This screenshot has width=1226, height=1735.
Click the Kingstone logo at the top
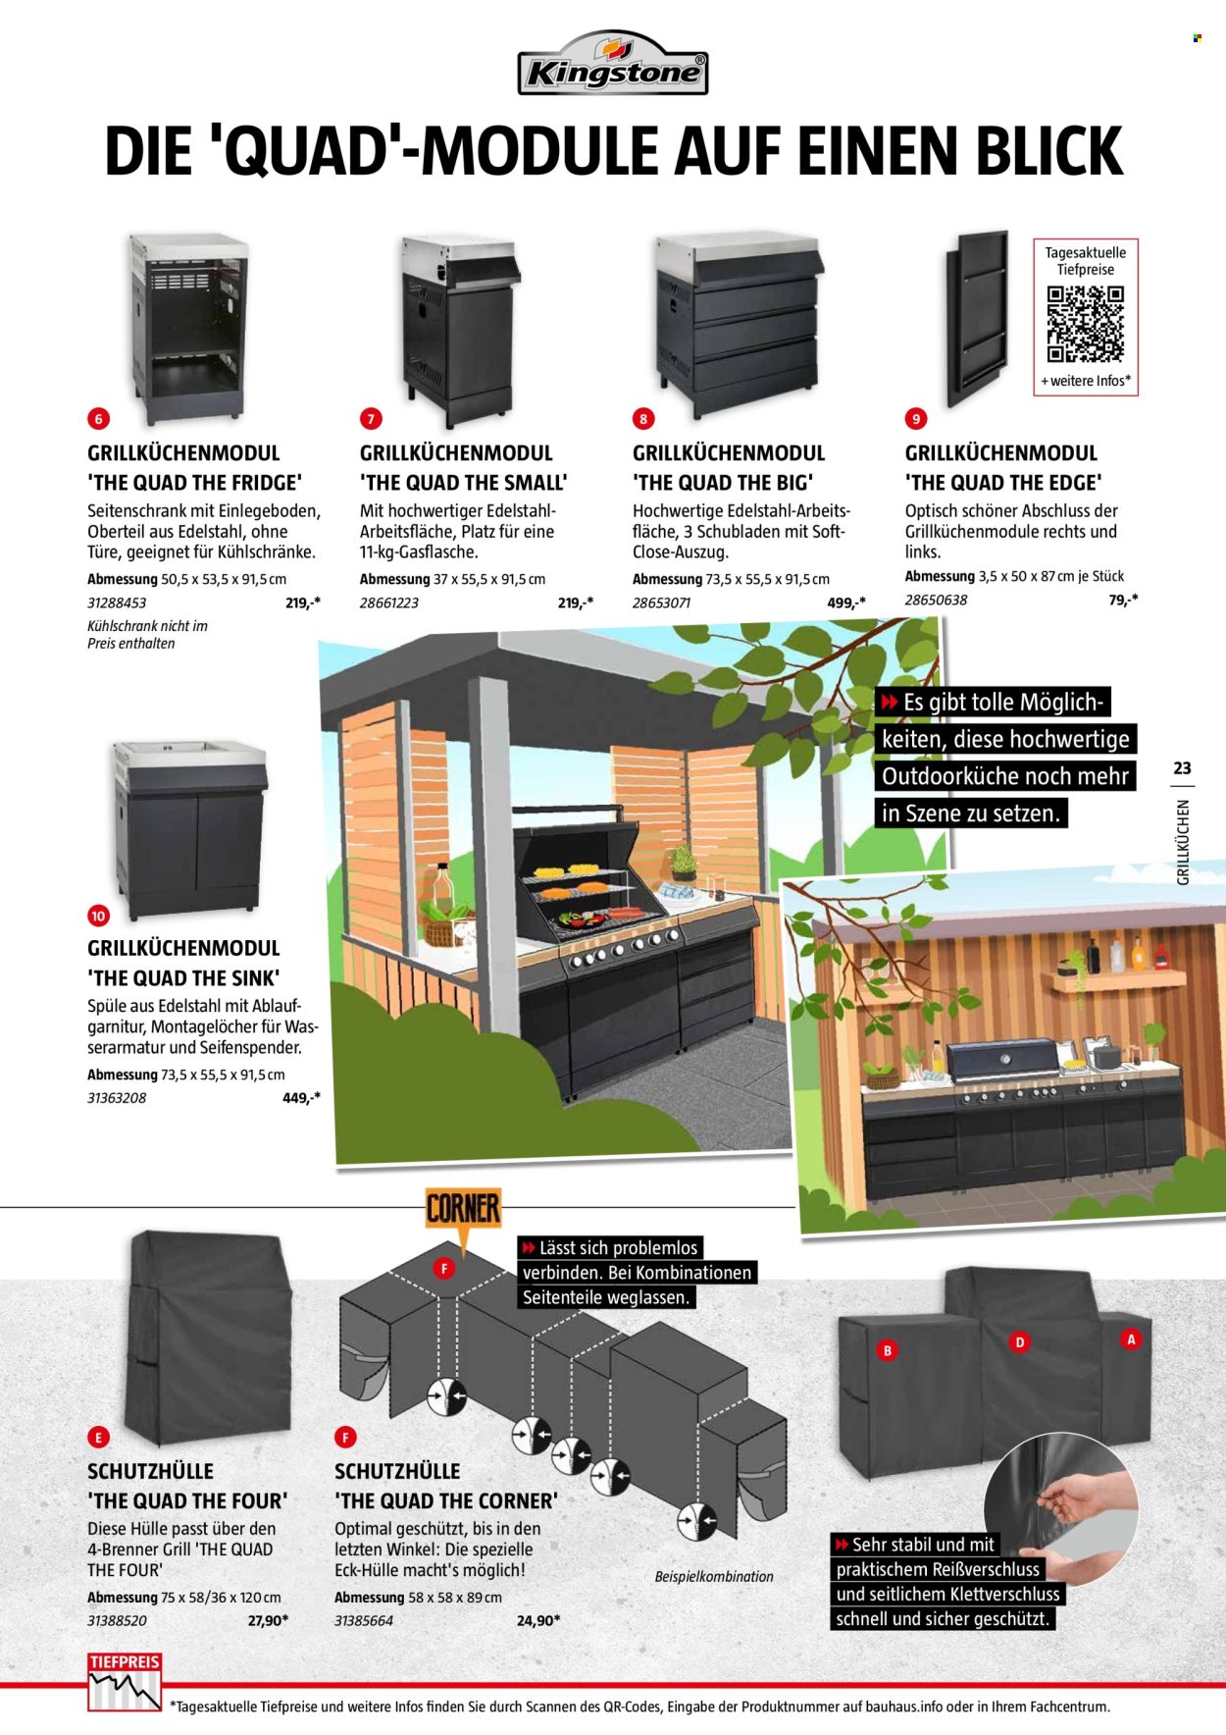612,64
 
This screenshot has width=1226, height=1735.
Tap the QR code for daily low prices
1085,324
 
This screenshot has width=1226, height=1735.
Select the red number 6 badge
98,419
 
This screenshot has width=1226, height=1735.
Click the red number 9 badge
915,419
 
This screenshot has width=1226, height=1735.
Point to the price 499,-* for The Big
845,603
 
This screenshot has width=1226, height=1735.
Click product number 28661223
389,603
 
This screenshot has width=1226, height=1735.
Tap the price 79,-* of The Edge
1123,600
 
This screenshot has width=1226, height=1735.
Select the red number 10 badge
98,916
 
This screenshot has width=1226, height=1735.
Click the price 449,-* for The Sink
301,1098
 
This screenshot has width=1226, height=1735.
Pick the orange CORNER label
463,1208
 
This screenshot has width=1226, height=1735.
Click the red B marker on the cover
888,1350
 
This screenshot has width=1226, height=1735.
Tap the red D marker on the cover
1020,1341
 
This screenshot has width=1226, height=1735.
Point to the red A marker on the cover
1131,1339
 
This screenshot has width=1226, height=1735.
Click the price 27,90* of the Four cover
268,1620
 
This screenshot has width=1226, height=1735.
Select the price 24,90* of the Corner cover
538,1620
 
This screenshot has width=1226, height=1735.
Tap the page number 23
1182,768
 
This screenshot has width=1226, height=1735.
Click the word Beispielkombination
714,1576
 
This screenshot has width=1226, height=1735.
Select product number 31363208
117,1098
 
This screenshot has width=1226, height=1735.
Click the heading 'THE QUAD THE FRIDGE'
194,483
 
